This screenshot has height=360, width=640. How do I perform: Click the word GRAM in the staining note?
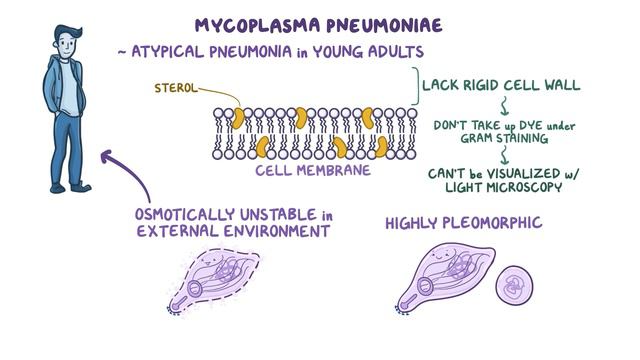467,140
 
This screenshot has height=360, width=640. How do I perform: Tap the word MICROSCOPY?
540,188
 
